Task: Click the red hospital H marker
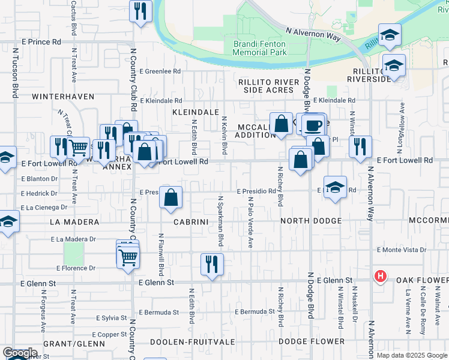pos(379,277)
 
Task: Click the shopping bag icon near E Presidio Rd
pos(171,197)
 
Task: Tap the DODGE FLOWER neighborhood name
pos(312,341)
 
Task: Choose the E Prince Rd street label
pos(41,42)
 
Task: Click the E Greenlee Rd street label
pos(160,71)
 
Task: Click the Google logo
pos(20,353)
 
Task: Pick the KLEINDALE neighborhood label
pos(195,112)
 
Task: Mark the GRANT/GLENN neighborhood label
pos(74,344)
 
